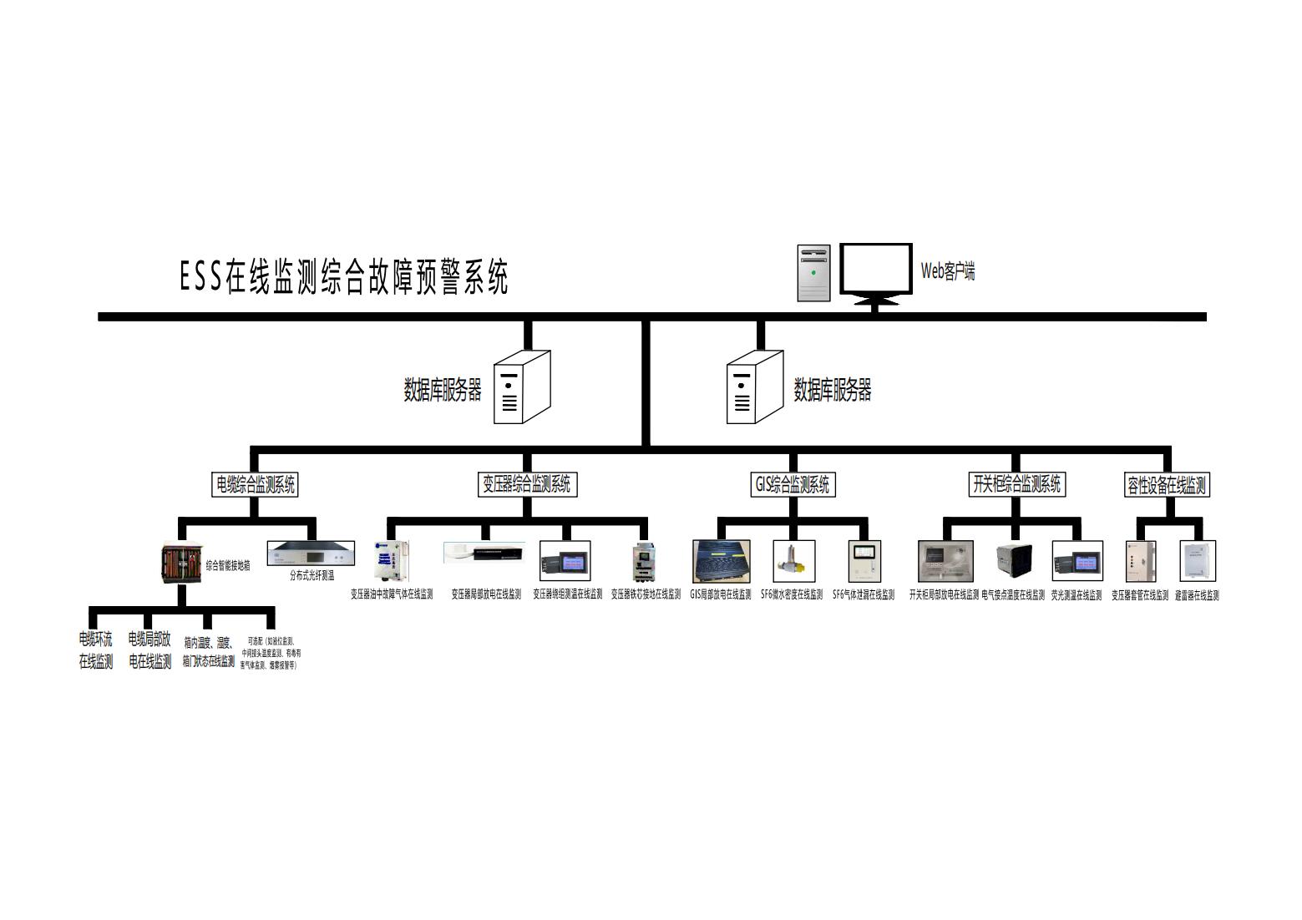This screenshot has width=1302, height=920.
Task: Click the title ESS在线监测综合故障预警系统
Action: (x=343, y=277)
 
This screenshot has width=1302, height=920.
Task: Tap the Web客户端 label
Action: (x=947, y=271)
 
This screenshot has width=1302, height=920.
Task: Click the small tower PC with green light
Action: (x=813, y=273)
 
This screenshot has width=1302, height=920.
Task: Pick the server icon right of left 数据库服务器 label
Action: (x=521, y=387)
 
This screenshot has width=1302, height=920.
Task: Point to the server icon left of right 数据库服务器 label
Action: (x=754, y=387)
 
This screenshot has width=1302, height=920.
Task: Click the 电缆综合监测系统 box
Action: (x=255, y=484)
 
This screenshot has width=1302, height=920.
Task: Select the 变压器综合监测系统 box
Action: (x=527, y=484)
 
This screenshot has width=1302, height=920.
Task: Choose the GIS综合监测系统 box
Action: (x=792, y=484)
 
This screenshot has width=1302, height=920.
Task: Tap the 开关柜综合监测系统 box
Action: (x=1016, y=484)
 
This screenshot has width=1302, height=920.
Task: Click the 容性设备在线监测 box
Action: (x=1166, y=485)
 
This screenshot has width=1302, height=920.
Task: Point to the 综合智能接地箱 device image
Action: (x=181, y=564)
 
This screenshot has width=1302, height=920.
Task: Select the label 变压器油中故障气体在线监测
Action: (x=392, y=595)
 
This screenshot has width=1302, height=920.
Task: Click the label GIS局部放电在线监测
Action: (x=720, y=595)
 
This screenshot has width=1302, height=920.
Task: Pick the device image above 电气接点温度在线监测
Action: (x=1013, y=561)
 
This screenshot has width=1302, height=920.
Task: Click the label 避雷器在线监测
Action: (x=1196, y=595)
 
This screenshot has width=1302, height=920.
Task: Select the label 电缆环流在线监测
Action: (x=96, y=651)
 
